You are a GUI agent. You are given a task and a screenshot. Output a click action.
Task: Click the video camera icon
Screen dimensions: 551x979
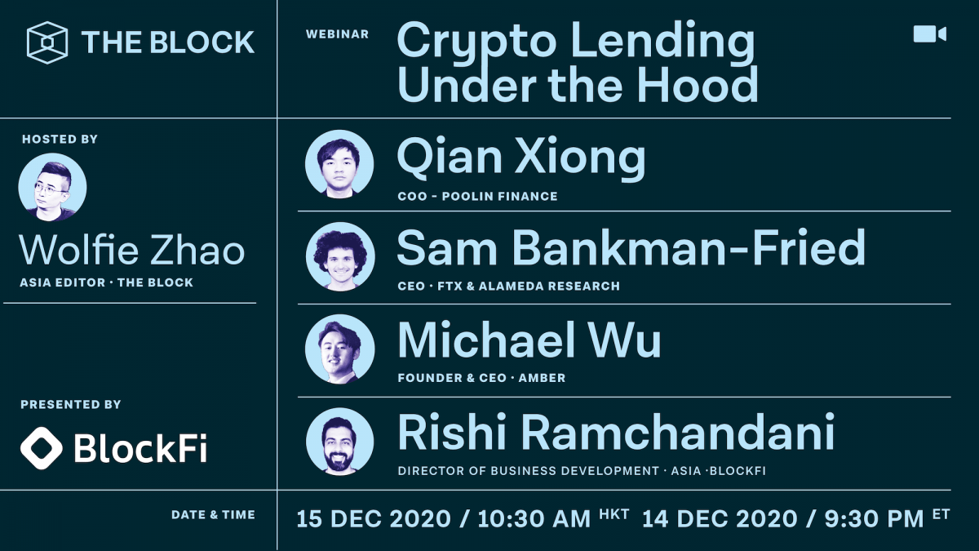pos(929,33)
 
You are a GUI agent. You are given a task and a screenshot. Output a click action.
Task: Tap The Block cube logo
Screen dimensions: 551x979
pos(47,42)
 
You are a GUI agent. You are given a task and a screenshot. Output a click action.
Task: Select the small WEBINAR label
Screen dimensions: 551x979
pos(337,34)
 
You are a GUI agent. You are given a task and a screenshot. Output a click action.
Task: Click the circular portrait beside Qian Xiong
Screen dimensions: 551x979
pos(339,164)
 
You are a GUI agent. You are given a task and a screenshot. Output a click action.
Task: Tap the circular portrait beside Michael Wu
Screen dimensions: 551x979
pos(339,349)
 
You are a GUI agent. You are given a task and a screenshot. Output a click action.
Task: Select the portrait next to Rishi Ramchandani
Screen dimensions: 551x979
pos(339,442)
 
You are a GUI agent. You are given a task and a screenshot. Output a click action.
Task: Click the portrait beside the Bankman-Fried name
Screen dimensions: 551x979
pos(339,256)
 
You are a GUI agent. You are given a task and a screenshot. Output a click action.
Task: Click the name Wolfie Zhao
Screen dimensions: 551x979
pos(131,250)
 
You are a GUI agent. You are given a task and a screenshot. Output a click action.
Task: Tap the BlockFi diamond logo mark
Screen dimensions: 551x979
pos(41,447)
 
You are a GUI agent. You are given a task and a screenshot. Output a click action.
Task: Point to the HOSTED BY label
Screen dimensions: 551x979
pos(60,140)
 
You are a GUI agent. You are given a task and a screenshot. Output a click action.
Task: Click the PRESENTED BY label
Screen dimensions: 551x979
pos(71,404)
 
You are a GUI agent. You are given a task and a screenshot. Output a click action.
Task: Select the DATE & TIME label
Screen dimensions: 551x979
pos(213,515)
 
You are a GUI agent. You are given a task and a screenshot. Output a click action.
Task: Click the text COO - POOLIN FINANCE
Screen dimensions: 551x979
pos(477,196)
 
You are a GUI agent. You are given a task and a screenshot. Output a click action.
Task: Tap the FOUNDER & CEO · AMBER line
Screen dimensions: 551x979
pos(481,378)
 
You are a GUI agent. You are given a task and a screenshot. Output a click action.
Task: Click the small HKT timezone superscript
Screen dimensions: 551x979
pos(614,513)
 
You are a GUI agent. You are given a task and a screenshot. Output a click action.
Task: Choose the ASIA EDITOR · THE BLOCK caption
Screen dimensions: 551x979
pos(106,282)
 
